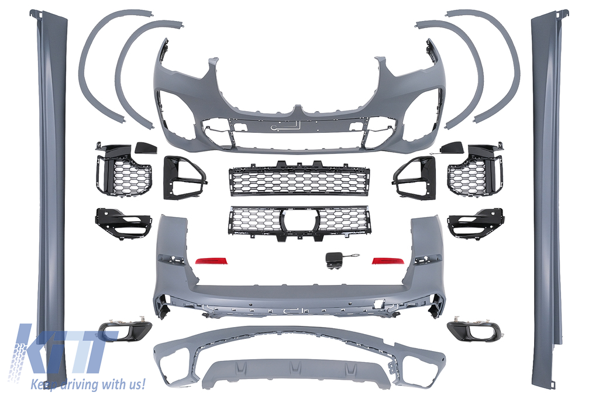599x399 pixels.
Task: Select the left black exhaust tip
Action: (125, 331)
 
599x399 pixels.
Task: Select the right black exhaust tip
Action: (474, 329)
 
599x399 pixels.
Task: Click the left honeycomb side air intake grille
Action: (123, 170)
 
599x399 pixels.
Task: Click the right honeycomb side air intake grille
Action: (476, 169)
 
